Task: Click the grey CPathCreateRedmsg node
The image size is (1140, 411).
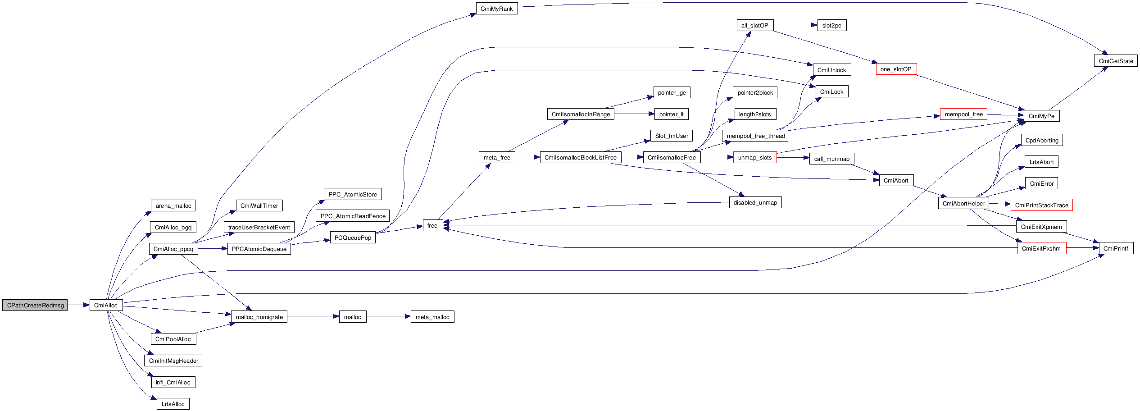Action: click(x=35, y=305)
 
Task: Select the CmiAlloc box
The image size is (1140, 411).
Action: click(x=106, y=305)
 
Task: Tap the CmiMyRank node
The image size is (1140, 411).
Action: click(x=497, y=9)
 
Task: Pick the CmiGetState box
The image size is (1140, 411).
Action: click(x=1115, y=61)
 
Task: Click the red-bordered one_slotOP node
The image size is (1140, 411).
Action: click(x=896, y=69)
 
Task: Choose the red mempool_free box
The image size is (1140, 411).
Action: click(x=963, y=114)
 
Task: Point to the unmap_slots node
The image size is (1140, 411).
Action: click(x=755, y=157)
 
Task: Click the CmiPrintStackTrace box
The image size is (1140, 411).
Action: click(x=1041, y=205)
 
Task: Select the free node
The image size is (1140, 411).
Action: click(x=432, y=225)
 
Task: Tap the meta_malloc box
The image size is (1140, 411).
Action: click(x=432, y=317)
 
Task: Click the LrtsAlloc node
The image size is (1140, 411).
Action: click(x=173, y=404)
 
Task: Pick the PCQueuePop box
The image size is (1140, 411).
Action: click(x=353, y=237)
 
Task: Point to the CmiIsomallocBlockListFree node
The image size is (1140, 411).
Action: click(x=580, y=157)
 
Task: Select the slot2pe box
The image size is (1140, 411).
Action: click(x=831, y=25)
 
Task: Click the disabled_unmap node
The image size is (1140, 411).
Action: click(x=755, y=202)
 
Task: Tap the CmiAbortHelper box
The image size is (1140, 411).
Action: click(x=964, y=203)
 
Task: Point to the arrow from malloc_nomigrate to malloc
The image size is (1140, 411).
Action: click(x=313, y=316)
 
